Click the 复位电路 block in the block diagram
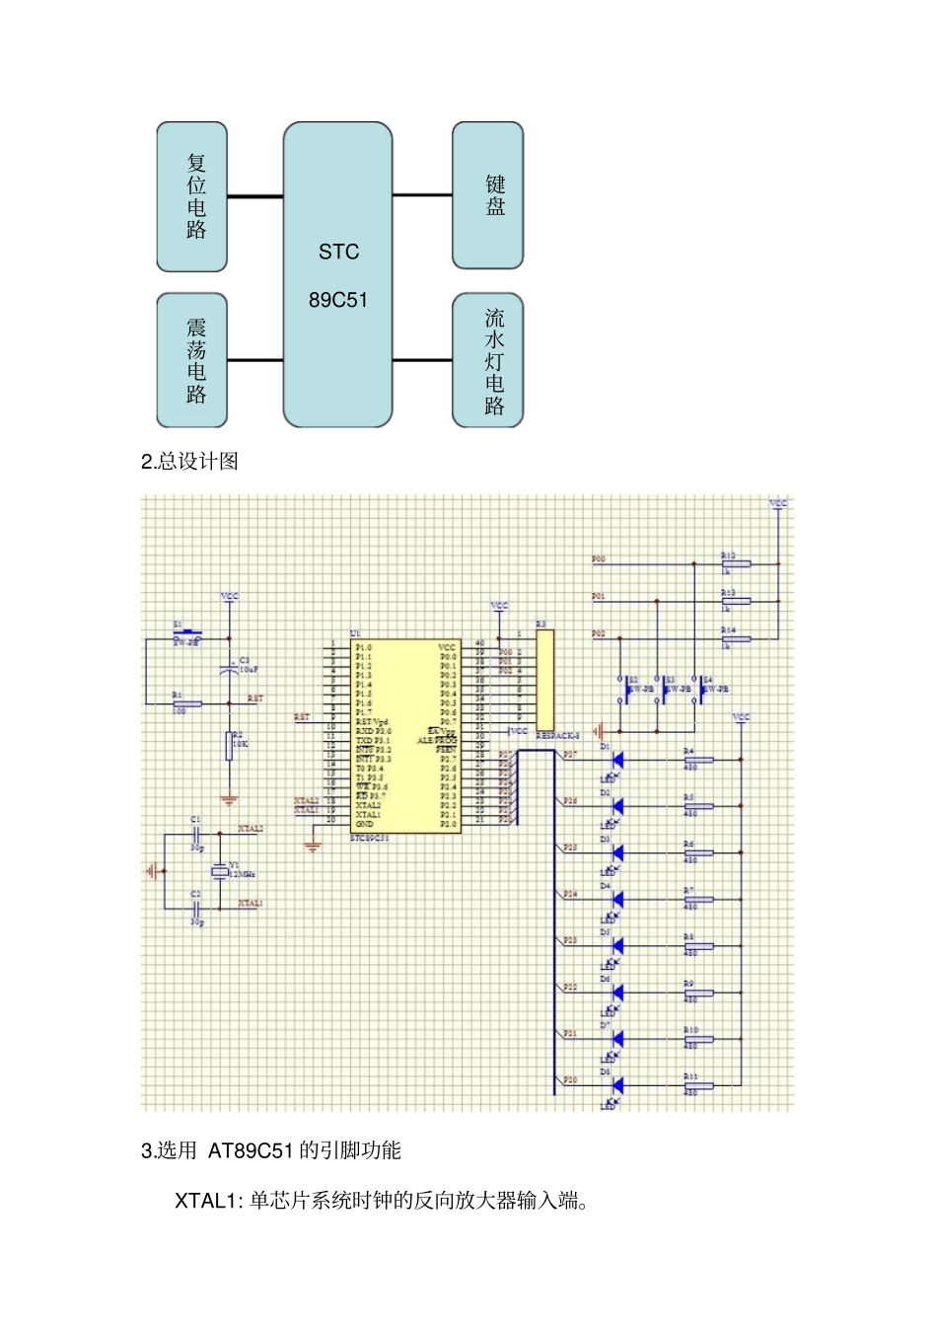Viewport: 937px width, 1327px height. click(x=192, y=196)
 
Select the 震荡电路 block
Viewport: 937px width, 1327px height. click(x=192, y=360)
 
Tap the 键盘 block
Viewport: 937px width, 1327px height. click(x=488, y=195)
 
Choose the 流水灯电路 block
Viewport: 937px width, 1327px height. click(x=488, y=360)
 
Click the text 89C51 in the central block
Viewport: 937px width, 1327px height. click(x=338, y=300)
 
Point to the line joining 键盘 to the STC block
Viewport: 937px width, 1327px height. click(x=422, y=195)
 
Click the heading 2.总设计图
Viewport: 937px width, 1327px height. click(x=190, y=462)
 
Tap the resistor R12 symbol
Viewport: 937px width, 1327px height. click(x=736, y=564)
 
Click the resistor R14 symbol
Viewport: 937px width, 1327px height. click(x=736, y=639)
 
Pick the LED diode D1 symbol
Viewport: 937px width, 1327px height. click(x=617, y=760)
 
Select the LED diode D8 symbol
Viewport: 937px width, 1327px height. click(x=617, y=1085)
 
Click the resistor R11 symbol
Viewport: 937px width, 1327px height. click(x=698, y=1085)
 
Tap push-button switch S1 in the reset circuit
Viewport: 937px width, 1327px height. click(x=187, y=634)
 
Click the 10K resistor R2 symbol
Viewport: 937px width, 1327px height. click(x=229, y=747)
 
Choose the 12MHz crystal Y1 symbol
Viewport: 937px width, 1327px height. click(x=219, y=871)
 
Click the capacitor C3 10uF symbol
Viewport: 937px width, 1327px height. click(x=229, y=670)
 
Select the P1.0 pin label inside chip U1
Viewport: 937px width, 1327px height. click(x=364, y=647)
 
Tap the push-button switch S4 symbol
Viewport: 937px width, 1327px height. click(x=701, y=689)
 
